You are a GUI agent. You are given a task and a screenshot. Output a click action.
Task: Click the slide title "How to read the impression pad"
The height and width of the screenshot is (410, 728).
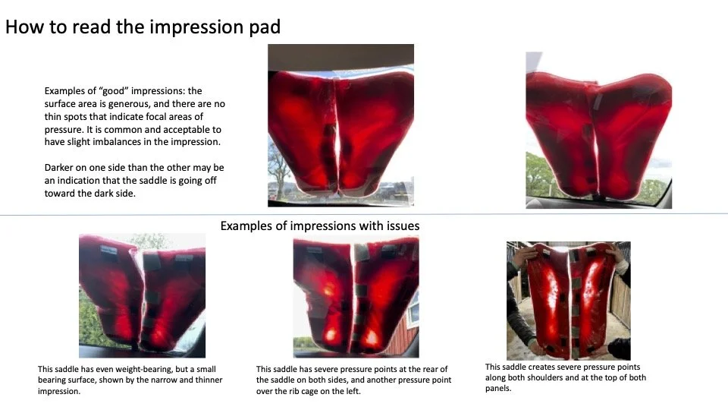click(x=143, y=28)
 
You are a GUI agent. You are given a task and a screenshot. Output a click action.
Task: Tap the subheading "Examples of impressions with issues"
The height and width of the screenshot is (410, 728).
click(x=319, y=226)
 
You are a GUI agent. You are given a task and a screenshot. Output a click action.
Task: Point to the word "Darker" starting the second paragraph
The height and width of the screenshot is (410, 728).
click(x=61, y=168)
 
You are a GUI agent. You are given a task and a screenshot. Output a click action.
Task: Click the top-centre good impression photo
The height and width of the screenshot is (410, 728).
click(x=340, y=125)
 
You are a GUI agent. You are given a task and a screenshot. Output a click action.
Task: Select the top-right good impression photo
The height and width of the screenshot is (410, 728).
click(x=598, y=130)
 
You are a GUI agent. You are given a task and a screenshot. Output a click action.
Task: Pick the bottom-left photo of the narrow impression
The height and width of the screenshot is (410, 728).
click(x=142, y=295)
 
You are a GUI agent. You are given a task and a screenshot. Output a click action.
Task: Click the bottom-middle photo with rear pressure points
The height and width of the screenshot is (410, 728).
click(x=356, y=297)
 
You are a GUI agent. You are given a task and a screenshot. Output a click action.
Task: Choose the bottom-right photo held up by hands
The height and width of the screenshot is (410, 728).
click(x=568, y=300)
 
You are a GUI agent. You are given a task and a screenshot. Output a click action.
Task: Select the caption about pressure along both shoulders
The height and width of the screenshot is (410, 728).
click(x=566, y=377)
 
